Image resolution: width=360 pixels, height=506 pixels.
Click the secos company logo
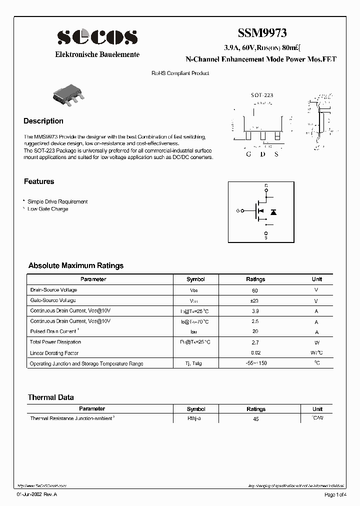coord(97,37)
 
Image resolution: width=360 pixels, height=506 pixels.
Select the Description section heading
coord(43,121)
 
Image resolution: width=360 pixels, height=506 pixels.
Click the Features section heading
coord(39,181)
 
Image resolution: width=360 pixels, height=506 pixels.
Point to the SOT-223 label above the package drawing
coord(261,94)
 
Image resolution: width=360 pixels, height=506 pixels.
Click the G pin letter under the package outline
coord(248,154)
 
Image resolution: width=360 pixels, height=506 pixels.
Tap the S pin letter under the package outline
coord(276,154)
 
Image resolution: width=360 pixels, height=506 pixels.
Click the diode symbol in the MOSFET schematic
coord(273,212)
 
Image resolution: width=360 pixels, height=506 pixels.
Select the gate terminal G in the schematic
coord(237,211)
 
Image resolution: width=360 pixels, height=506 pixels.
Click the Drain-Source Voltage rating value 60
coord(255,290)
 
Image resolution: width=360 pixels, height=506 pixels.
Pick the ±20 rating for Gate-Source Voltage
coord(255,301)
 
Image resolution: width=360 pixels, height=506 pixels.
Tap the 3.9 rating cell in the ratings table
coord(255,311)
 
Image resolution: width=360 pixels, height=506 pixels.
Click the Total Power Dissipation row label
coord(55,342)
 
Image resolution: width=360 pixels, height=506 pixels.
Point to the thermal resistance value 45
coord(255,419)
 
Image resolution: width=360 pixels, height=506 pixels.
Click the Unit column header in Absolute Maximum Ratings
coord(317,279)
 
